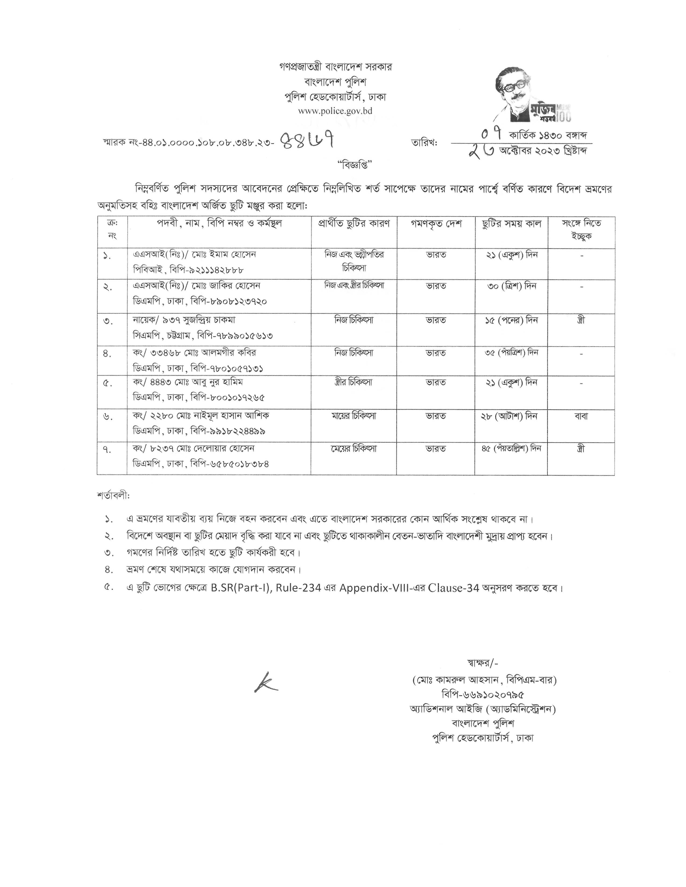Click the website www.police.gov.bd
335,111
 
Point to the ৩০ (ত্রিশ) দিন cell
512,286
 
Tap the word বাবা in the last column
581,416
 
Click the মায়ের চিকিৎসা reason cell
354,416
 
